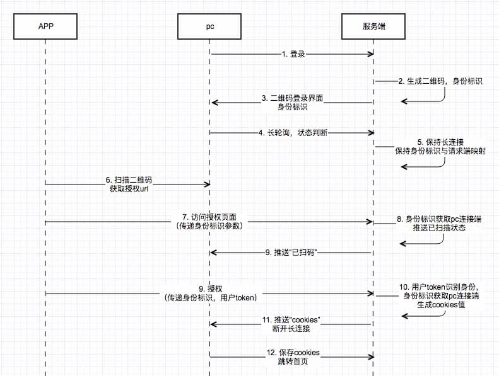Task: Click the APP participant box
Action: (46, 26)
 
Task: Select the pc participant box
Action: (209, 26)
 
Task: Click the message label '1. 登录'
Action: (293, 54)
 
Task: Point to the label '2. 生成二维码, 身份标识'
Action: (440, 81)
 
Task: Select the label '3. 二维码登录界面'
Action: (292, 98)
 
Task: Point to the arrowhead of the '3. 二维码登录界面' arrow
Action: (214, 102)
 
